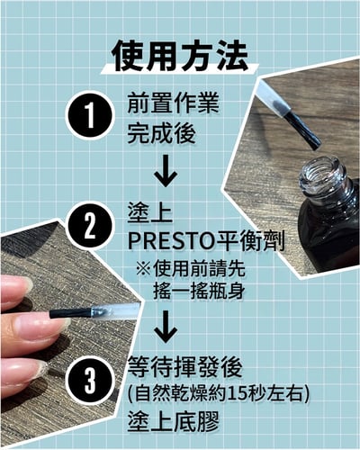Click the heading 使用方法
coord(179,56)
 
